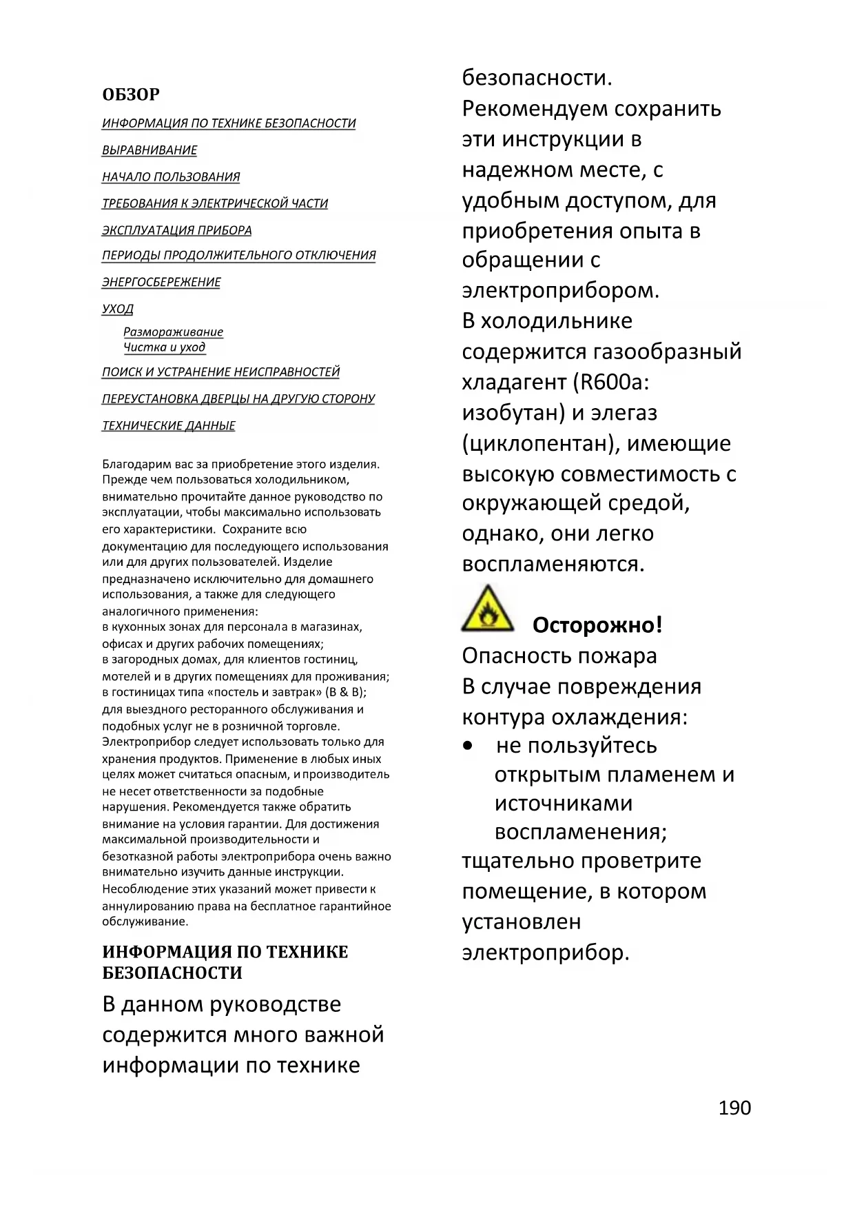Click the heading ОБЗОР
[131, 94]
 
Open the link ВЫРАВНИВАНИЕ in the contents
[150, 150]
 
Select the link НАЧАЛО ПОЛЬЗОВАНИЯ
[171, 177]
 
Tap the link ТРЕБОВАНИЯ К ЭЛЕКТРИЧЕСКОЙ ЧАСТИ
[215, 204]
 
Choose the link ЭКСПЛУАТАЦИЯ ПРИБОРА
[177, 230]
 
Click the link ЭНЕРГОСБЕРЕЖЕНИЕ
[161, 283]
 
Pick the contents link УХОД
[118, 309]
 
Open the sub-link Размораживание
[173, 332]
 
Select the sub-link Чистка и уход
[164, 347]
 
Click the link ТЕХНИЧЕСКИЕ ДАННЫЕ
[169, 426]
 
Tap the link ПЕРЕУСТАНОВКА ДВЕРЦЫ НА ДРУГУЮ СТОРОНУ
[238, 399]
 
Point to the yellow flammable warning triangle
[488, 610]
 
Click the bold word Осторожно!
[597, 625]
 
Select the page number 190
[734, 1108]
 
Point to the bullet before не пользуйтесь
[468, 746]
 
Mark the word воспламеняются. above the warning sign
[553, 564]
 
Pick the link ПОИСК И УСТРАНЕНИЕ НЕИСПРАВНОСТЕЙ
[221, 372]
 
